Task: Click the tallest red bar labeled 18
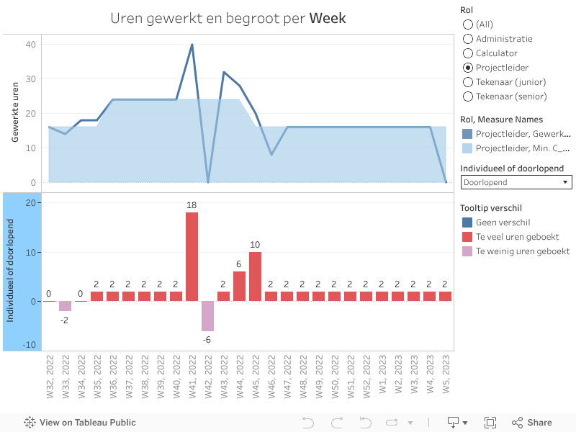(192, 256)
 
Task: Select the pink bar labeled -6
(208, 315)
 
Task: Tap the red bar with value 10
(256, 276)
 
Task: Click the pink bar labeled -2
(66, 306)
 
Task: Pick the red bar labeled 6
(240, 286)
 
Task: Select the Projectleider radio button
(468, 68)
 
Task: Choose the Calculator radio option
(468, 53)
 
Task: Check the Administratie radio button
(468, 39)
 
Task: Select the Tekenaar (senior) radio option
(468, 96)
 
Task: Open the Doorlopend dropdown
(516, 182)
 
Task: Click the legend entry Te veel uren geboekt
(517, 237)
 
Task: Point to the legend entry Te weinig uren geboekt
(522, 251)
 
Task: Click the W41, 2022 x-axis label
(192, 379)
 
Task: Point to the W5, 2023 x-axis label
(446, 379)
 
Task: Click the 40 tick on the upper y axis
(31, 45)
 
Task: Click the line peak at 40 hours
(192, 45)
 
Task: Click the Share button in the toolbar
(532, 423)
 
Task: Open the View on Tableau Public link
(80, 423)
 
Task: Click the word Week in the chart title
(328, 18)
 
